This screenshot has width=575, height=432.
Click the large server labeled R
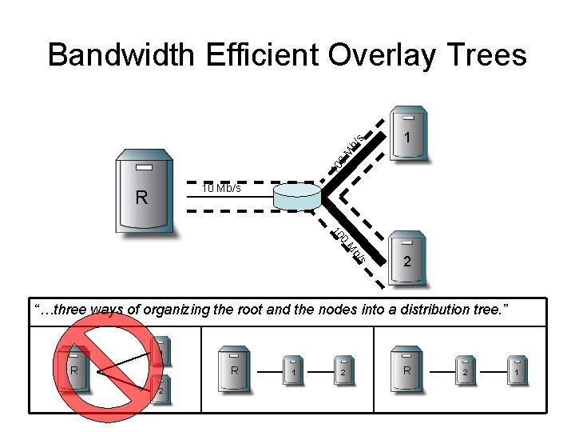(x=145, y=191)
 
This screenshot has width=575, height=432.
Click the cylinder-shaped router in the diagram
(x=295, y=197)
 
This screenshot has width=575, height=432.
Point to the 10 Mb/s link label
(x=221, y=190)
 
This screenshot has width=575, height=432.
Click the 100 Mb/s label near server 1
(x=349, y=151)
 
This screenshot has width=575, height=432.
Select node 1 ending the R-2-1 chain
(x=517, y=371)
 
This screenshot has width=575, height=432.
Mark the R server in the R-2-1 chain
(x=406, y=370)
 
